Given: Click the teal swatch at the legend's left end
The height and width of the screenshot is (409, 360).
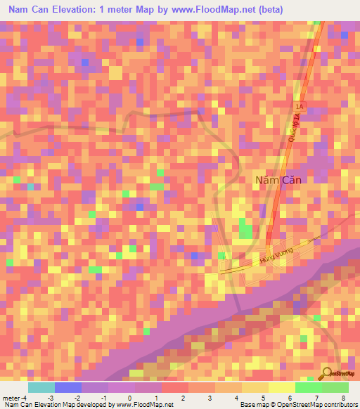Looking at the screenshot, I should click(x=41, y=387).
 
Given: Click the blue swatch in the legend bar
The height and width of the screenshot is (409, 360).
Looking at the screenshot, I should click(x=67, y=387).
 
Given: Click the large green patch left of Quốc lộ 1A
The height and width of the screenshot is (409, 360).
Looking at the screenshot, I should click(x=245, y=228).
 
